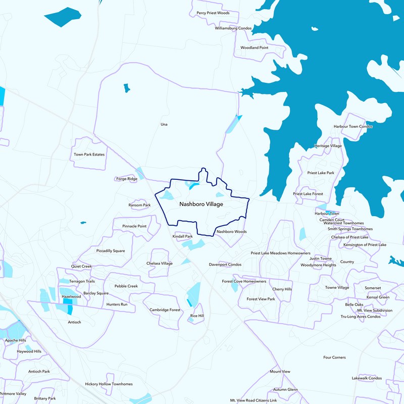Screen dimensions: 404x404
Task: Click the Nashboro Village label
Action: click(201, 204)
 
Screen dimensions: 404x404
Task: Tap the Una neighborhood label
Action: click(164, 124)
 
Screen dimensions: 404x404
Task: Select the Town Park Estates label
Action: click(89, 154)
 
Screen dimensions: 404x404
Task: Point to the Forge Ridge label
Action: click(126, 179)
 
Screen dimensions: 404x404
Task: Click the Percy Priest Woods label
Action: click(213, 13)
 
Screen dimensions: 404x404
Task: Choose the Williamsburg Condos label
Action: click(233, 28)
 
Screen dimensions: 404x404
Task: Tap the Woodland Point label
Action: click(254, 47)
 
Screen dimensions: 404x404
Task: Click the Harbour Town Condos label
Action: click(353, 126)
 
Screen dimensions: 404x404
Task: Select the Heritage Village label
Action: click(328, 146)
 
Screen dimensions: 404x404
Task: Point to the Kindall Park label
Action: click(183, 236)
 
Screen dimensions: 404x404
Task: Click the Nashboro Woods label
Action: click(231, 232)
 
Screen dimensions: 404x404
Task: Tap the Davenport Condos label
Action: click(225, 265)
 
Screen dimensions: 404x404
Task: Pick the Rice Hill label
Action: click(197, 316)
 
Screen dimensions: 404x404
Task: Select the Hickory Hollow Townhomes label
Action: click(109, 384)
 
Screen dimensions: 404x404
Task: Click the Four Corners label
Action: click(334, 358)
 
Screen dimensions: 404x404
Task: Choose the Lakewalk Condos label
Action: click(367, 378)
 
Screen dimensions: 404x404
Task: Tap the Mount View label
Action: click(280, 372)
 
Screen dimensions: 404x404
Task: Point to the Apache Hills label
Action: click(15, 341)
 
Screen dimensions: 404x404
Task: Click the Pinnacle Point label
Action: click(134, 226)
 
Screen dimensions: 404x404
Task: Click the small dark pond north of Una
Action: click(126, 88)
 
